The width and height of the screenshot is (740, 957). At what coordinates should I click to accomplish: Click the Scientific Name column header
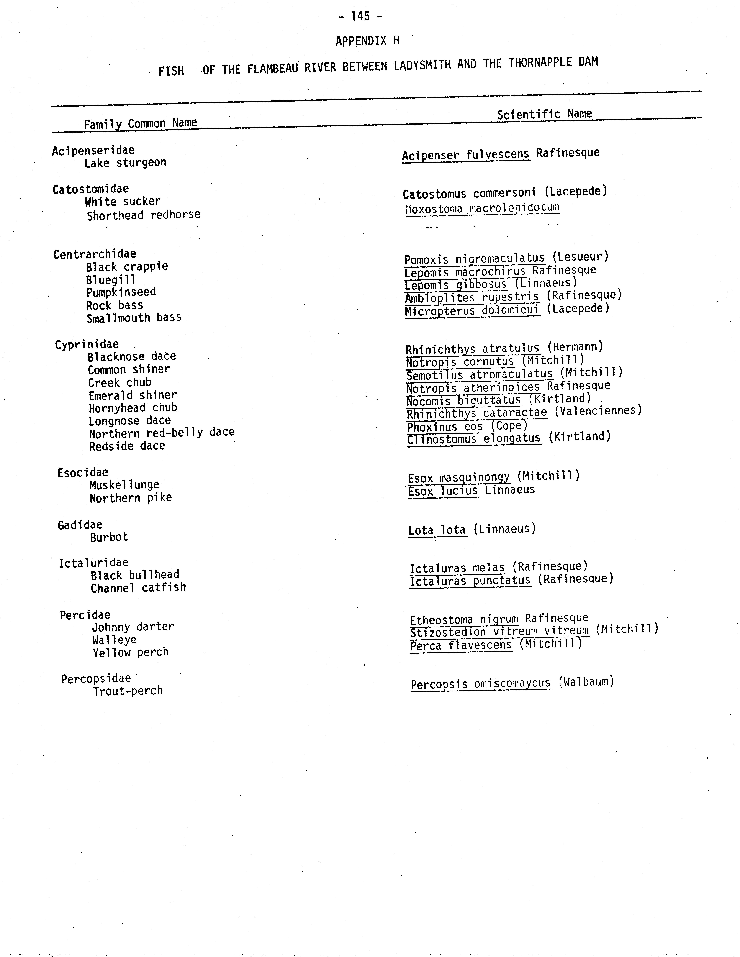point(544,114)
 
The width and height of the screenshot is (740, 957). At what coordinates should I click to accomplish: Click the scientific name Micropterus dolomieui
point(472,311)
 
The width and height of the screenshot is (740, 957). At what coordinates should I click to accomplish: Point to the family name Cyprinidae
point(87,344)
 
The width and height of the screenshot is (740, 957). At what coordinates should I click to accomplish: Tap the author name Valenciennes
point(598,411)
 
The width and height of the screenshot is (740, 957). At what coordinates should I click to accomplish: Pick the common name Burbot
point(109,537)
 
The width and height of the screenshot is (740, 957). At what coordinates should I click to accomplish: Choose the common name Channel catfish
point(138,588)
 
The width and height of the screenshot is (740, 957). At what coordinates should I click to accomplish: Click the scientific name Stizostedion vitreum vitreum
point(499,631)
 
